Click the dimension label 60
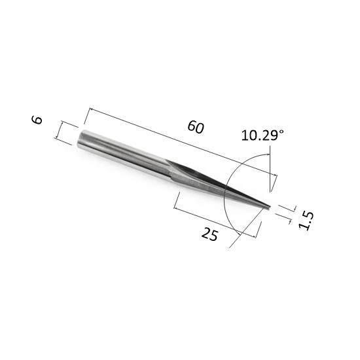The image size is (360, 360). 196,127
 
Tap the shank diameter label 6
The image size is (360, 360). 37,120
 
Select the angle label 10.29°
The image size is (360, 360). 262,135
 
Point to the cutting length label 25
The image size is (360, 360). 209,234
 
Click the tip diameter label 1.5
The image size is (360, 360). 306,221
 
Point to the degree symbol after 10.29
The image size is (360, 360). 281,132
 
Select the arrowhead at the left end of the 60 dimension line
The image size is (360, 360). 91,109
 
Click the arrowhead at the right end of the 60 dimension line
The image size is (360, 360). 275,175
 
